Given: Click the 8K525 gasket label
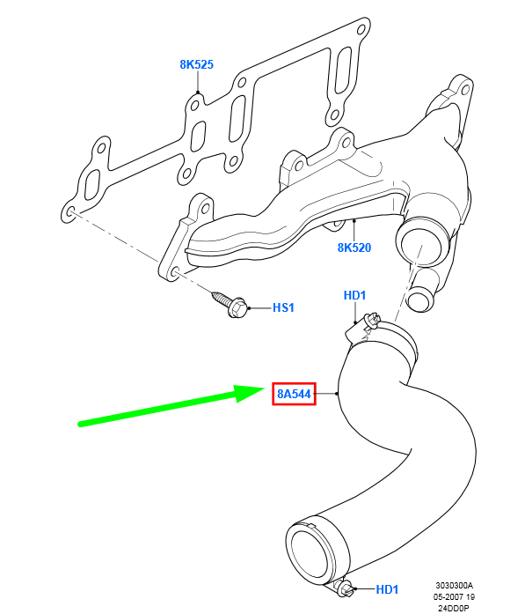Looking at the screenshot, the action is [197, 64].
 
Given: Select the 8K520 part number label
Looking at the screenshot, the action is [354, 248].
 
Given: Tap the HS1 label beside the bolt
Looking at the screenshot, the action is [283, 307].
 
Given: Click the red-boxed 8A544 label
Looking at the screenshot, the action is [294, 394].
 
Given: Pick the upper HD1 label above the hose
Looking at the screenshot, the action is [354, 295].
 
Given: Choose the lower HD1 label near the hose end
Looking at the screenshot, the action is [387, 589].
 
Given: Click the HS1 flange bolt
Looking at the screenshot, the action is [230, 304].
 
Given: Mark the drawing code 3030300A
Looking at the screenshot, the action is [455, 586].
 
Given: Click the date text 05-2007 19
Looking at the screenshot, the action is [454, 596].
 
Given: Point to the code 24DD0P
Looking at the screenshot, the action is [453, 608].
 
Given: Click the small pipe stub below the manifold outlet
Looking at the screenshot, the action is [421, 295].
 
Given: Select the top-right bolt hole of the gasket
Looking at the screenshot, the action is [361, 29].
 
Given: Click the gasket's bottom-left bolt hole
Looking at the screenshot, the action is [70, 212].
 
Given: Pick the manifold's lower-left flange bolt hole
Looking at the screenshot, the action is [176, 273].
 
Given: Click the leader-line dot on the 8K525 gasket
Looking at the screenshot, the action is [198, 92].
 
